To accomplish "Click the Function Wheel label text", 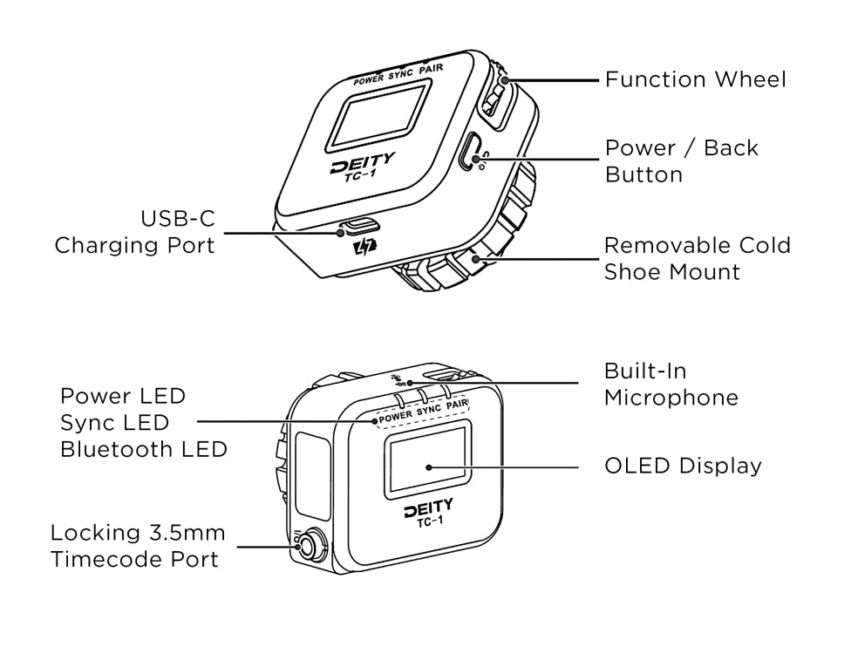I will (695, 80).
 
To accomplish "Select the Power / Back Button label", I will (681, 161).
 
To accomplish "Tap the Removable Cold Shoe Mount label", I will (697, 258).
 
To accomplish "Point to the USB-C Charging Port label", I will (134, 231).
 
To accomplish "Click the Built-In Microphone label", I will (671, 385).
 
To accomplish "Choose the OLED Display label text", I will (683, 466).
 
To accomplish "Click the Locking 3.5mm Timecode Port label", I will (137, 545).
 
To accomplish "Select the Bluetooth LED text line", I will (143, 450).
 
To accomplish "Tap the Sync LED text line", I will (114, 423).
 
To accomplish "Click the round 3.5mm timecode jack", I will (313, 547).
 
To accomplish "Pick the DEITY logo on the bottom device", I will (428, 508).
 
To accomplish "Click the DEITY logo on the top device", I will (362, 163).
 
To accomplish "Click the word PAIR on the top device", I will (431, 69).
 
